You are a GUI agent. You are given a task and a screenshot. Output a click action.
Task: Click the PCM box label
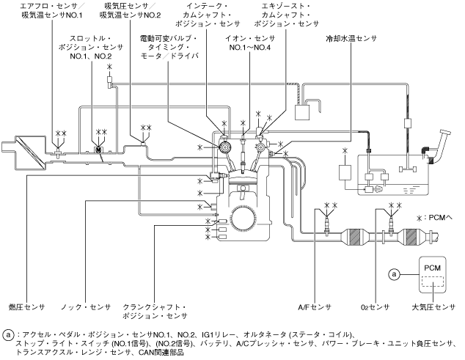[432, 268]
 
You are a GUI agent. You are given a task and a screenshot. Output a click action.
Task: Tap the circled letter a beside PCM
[394, 274]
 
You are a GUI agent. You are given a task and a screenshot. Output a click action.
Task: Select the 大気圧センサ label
[433, 307]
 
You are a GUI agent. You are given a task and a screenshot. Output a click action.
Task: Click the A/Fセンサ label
[315, 307]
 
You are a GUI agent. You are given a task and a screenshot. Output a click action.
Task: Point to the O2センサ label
[375, 307]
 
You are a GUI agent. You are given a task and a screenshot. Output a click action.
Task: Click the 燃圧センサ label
[27, 307]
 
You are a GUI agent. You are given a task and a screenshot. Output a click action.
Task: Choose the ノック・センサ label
[86, 307]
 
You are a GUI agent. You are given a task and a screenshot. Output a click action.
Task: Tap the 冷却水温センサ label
[351, 39]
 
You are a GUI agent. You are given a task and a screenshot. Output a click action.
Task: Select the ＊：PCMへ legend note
[434, 218]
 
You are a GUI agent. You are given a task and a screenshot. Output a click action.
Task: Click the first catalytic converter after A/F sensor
[355, 237]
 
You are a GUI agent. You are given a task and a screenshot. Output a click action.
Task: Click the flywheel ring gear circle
[243, 218]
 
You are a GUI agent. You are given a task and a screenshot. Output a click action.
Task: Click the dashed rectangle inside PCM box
[433, 282]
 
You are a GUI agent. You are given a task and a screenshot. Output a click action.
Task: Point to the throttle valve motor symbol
[98, 150]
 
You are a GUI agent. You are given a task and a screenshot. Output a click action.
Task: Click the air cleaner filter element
[31, 152]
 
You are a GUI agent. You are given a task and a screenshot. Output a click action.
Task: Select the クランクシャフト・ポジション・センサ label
[155, 312]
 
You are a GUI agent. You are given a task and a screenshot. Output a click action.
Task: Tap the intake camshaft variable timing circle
[226, 147]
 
